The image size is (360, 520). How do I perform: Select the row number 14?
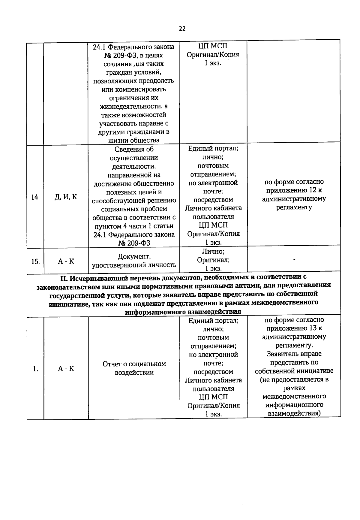tap(35, 197)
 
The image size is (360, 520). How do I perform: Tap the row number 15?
tap(35, 262)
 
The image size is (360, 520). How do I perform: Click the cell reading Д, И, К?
tap(66, 197)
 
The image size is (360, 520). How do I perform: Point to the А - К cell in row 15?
tap(66, 262)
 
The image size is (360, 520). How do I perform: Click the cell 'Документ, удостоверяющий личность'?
tap(134, 261)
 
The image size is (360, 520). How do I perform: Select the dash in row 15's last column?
tap(294, 259)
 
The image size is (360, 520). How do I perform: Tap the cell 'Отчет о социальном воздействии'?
tap(134, 368)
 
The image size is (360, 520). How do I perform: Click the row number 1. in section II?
tap(35, 369)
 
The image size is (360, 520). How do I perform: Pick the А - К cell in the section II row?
tap(66, 369)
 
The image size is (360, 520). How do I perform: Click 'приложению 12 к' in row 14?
tap(294, 190)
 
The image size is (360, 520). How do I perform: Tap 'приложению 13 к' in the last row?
tap(294, 328)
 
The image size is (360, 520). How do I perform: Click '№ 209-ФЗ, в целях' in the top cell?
tap(133, 56)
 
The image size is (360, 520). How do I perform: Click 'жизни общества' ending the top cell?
tap(134, 141)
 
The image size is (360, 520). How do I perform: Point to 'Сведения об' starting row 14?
tap(134, 150)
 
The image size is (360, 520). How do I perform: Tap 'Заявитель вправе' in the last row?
tap(294, 354)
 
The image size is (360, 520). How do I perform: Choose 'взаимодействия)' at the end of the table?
tap(294, 413)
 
